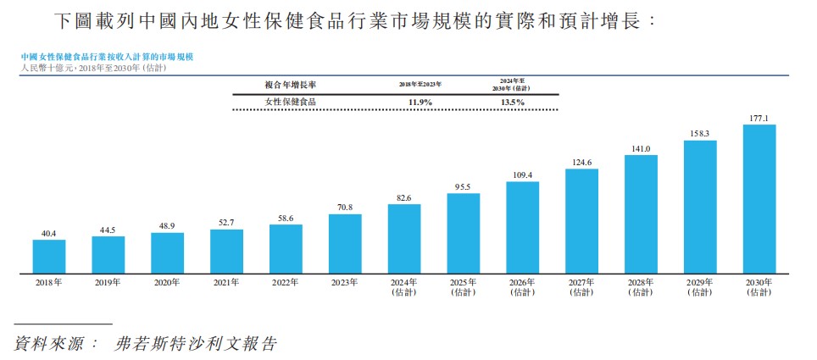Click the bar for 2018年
[49, 257]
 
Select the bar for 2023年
[345, 244]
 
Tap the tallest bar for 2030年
[759, 199]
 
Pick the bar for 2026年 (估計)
[522, 228]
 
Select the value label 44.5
[108, 230]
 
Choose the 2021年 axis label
[226, 283]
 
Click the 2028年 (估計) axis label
[641, 287]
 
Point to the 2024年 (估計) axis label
[404, 287]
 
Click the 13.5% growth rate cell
[512, 102]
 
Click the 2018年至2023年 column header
[420, 85]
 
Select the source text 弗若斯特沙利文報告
[196, 344]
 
